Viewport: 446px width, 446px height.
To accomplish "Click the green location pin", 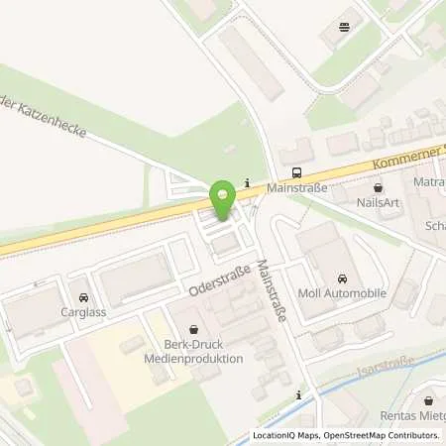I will (x=223, y=195).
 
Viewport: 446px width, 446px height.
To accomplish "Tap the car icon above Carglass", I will (x=83, y=296).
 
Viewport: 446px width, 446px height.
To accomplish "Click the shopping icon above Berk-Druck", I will (x=193, y=328).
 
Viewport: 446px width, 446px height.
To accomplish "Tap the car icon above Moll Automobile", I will (x=342, y=279).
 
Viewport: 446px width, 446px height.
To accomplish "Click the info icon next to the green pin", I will (x=247, y=180).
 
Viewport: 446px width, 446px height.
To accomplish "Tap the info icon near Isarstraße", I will (x=298, y=395).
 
